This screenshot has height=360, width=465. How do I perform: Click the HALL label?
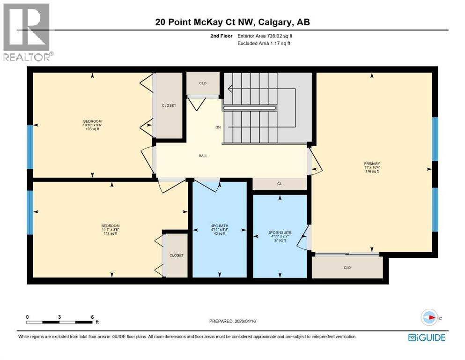tap(203, 156)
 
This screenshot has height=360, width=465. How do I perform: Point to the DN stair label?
tap(218, 127)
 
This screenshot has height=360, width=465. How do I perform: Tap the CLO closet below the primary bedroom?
tap(347, 267)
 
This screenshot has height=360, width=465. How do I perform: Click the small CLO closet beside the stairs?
tap(203, 83)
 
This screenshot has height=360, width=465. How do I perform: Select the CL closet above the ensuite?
tap(280, 184)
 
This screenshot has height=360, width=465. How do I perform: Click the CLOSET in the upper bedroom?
tap(169, 105)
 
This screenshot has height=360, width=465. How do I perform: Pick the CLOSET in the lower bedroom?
tap(177, 255)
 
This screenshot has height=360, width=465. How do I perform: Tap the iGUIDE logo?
tap(426, 337)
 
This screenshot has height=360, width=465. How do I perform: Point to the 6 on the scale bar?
tap(93, 316)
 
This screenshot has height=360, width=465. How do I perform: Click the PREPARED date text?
tap(233, 321)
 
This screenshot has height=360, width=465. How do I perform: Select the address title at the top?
tap(232, 22)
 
